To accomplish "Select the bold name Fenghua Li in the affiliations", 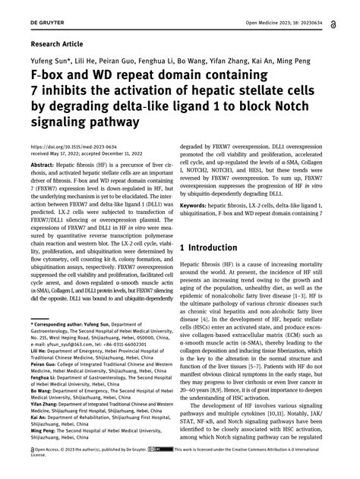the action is pos(44,389).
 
